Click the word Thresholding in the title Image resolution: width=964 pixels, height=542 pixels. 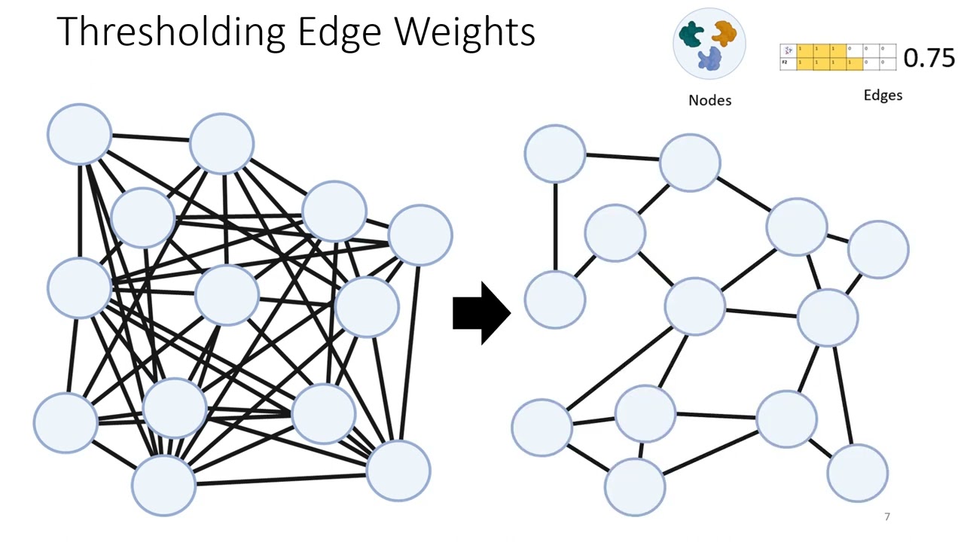(x=170, y=32)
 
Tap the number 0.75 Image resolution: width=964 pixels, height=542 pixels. (x=928, y=58)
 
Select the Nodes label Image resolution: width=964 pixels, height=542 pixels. (x=709, y=100)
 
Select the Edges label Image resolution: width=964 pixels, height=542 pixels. (x=883, y=96)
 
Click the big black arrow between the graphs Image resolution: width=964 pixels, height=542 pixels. (x=481, y=313)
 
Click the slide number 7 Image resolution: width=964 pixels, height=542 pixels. (x=887, y=516)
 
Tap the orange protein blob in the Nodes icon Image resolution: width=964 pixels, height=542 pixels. (x=724, y=32)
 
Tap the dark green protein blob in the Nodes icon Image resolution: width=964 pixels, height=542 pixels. (x=691, y=33)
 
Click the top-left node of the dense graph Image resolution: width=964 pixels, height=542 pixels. (x=79, y=134)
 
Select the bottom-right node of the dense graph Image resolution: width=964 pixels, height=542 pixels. (x=398, y=470)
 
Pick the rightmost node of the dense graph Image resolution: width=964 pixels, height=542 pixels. (x=420, y=235)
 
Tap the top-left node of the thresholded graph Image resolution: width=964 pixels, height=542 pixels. (x=555, y=154)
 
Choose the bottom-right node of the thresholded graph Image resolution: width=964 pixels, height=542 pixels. (x=857, y=473)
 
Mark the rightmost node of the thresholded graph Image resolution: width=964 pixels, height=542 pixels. (x=878, y=249)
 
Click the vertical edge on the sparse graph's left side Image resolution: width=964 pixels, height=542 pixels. (x=556, y=226)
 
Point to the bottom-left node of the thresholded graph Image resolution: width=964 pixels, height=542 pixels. (x=541, y=427)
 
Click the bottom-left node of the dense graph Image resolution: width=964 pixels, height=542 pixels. (x=66, y=422)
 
